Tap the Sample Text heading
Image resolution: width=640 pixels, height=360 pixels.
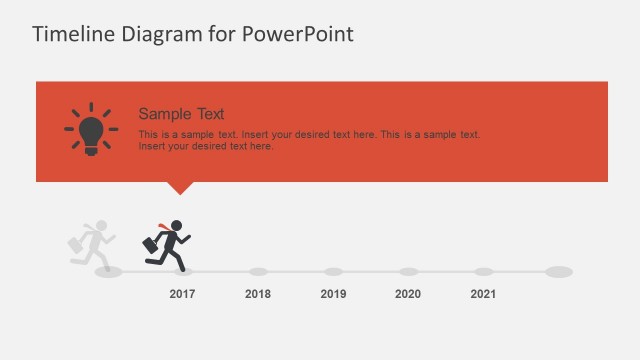click(181, 114)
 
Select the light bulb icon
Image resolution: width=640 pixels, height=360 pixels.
click(91, 129)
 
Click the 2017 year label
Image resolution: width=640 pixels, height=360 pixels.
click(182, 294)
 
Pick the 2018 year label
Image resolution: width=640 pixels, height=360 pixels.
click(258, 294)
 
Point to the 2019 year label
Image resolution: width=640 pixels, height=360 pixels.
click(333, 294)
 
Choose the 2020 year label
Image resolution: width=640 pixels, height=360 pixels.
click(408, 294)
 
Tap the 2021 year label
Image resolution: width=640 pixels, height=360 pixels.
click(483, 294)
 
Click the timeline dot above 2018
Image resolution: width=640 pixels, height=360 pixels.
click(258, 271)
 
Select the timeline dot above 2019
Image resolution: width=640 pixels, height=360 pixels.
click(333, 271)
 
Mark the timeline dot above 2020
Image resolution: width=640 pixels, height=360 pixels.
click(408, 271)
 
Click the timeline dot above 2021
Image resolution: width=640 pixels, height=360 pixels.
click(483, 271)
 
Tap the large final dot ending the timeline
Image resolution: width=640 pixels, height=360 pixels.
click(559, 271)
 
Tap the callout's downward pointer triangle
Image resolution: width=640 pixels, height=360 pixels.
click(180, 187)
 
